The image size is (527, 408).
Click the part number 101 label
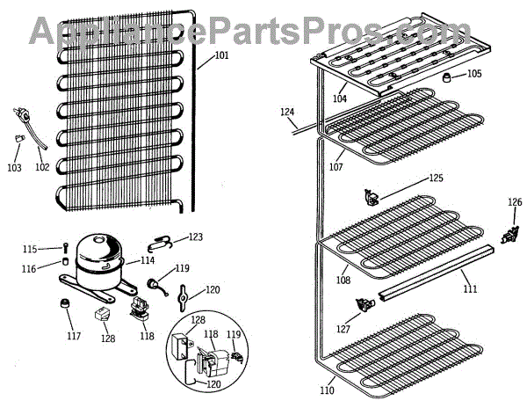coord(221,56)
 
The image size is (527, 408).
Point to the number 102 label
coord(42,166)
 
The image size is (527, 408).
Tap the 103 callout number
coord(14,167)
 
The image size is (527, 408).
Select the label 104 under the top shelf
coord(339,98)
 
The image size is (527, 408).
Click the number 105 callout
coord(473,74)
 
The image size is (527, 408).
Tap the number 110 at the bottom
coord(327,390)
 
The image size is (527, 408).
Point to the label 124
coord(287,112)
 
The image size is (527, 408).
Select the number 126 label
coord(514,203)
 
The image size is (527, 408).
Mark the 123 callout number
coord(195,237)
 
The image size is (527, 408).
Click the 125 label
coord(437,178)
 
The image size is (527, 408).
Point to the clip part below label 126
coord(507,235)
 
